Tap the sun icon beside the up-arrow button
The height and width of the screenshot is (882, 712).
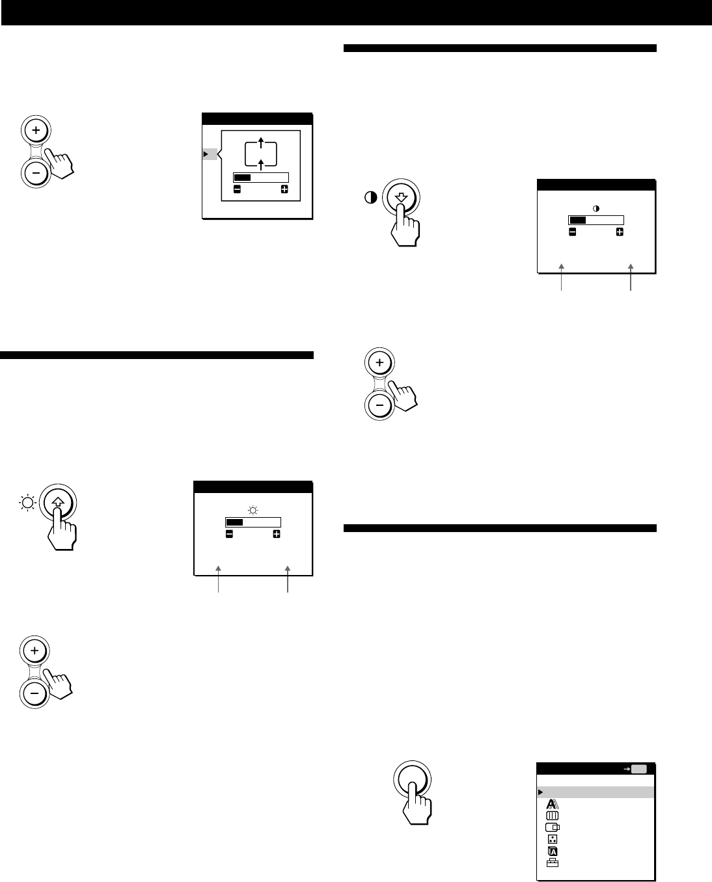(x=27, y=503)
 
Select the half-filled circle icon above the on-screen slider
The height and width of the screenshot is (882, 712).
(x=596, y=208)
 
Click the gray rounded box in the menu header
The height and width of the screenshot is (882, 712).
(x=638, y=768)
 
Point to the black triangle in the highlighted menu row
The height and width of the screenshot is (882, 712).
(x=540, y=792)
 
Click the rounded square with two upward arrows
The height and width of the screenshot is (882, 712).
(x=260, y=154)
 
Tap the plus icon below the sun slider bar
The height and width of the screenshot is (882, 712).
(x=277, y=534)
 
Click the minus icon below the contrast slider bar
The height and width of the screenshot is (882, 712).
(x=572, y=232)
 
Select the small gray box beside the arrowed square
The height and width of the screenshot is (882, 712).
(x=210, y=154)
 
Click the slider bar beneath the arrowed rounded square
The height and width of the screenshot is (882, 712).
(x=260, y=177)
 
